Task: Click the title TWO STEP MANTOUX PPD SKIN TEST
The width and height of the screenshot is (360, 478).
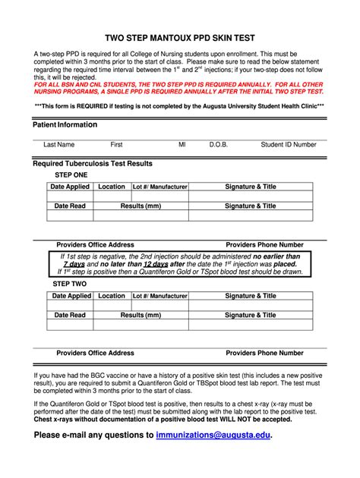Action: point(179,36)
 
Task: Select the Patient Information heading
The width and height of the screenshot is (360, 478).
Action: point(65,124)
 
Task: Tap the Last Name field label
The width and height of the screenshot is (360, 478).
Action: point(58,144)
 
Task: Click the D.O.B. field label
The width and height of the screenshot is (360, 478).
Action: point(219,144)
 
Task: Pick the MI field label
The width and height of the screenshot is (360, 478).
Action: point(182,144)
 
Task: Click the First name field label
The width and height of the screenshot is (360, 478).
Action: point(116,144)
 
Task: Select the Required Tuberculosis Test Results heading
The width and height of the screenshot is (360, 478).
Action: point(92,163)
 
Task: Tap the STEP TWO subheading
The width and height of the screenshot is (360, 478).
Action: point(69,284)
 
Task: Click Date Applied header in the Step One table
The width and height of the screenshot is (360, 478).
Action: point(70,187)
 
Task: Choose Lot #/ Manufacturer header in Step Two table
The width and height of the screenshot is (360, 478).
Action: point(159,296)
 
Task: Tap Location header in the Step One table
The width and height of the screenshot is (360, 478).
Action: point(112,187)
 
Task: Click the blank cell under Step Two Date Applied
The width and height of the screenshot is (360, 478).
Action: point(70,305)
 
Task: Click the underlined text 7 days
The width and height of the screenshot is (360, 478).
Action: point(74,265)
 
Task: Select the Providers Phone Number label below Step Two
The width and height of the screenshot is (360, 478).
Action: point(265,353)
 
